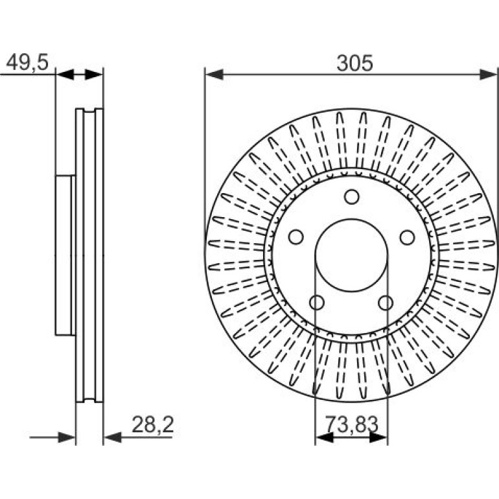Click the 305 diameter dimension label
pyautogui.click(x=354, y=63)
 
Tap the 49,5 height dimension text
pyautogui.click(x=27, y=62)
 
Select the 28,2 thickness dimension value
pyautogui.click(x=153, y=424)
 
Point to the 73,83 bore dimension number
pyautogui.click(x=352, y=424)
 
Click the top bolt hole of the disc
pyautogui.click(x=352, y=197)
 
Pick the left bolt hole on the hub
pyautogui.click(x=296, y=237)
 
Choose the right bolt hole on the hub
pyautogui.click(x=408, y=237)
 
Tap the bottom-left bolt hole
pyautogui.click(x=317, y=303)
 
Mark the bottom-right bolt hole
pyautogui.click(x=386, y=303)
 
